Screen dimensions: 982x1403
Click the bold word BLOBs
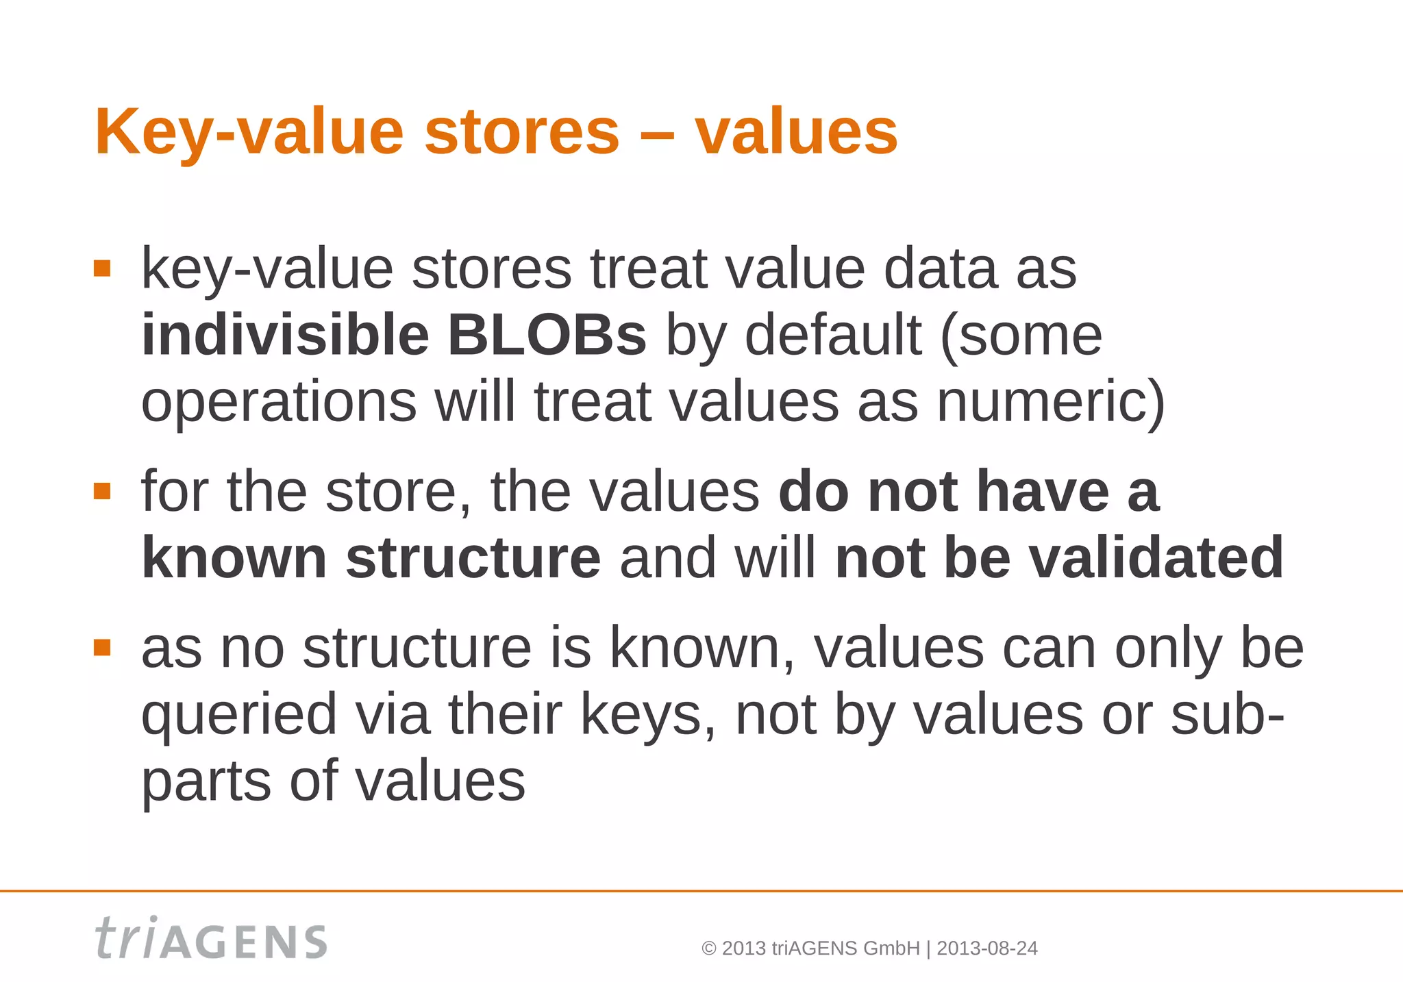click(x=546, y=336)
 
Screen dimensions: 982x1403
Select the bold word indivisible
click(x=284, y=336)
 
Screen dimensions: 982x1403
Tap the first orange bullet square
click(x=102, y=268)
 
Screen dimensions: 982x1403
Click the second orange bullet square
click(x=102, y=491)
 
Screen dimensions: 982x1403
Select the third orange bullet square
click(x=102, y=647)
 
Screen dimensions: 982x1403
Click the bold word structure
click(x=473, y=559)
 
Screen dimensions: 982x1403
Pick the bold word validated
click(x=1156, y=559)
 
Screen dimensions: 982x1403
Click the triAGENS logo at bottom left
click(x=211, y=939)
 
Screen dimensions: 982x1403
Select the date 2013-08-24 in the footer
click(x=986, y=948)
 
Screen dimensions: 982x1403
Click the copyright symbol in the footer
click(x=709, y=949)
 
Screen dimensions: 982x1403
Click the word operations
click(x=278, y=403)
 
